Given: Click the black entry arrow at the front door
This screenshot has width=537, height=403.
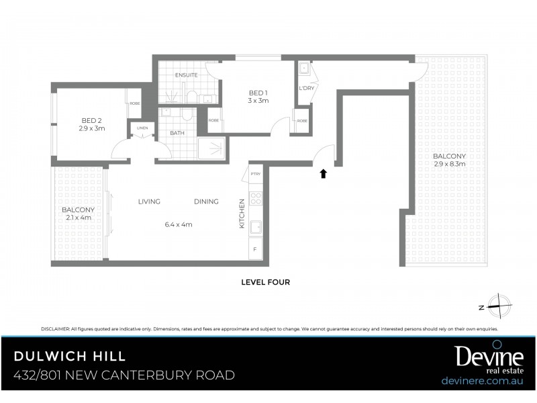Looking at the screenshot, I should pyautogui.click(x=323, y=173).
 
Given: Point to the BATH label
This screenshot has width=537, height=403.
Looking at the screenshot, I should pyautogui.click(x=177, y=133).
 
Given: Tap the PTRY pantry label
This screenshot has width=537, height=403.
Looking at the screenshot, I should pyautogui.click(x=255, y=174).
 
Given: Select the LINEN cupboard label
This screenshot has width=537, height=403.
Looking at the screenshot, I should pyautogui.click(x=142, y=128).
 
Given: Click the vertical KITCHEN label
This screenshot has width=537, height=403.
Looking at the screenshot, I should pyautogui.click(x=242, y=213).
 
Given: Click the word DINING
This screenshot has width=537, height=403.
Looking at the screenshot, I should pyautogui.click(x=206, y=201).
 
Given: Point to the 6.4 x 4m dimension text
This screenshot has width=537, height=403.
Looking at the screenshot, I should pyautogui.click(x=178, y=224).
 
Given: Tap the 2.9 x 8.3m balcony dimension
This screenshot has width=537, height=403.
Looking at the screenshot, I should pyautogui.click(x=449, y=164).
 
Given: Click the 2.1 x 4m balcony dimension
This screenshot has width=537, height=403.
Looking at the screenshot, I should pyautogui.click(x=77, y=218).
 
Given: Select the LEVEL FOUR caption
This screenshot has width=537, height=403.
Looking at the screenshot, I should pyautogui.click(x=265, y=282).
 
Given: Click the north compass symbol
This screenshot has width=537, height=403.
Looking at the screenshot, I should pyautogui.click(x=500, y=306).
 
